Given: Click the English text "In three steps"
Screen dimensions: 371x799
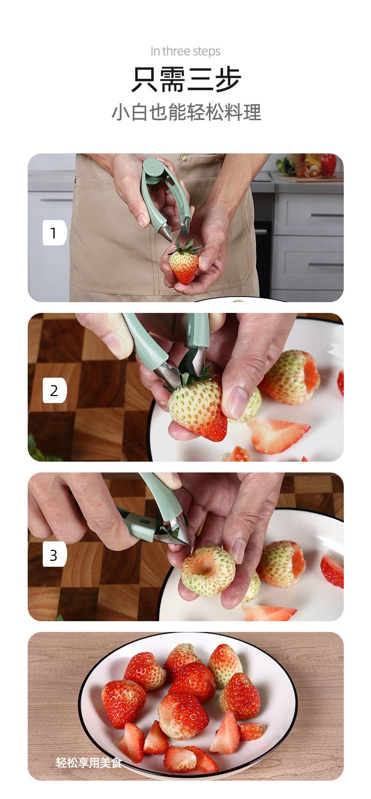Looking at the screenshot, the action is [x=185, y=51].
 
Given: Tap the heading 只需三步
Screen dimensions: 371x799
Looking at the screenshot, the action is [x=186, y=79].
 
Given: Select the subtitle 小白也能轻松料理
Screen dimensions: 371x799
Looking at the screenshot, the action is [x=186, y=112].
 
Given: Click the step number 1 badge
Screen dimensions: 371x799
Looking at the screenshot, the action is [x=54, y=233].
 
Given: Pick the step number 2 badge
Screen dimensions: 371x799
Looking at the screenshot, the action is [x=54, y=390].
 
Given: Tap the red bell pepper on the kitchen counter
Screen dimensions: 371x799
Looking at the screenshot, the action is [x=328, y=164].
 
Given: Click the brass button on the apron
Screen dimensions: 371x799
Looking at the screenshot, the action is [x=184, y=157].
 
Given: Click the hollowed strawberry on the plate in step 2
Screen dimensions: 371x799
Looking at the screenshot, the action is [x=290, y=377].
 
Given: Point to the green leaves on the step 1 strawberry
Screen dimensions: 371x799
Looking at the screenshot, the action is [x=186, y=247].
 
